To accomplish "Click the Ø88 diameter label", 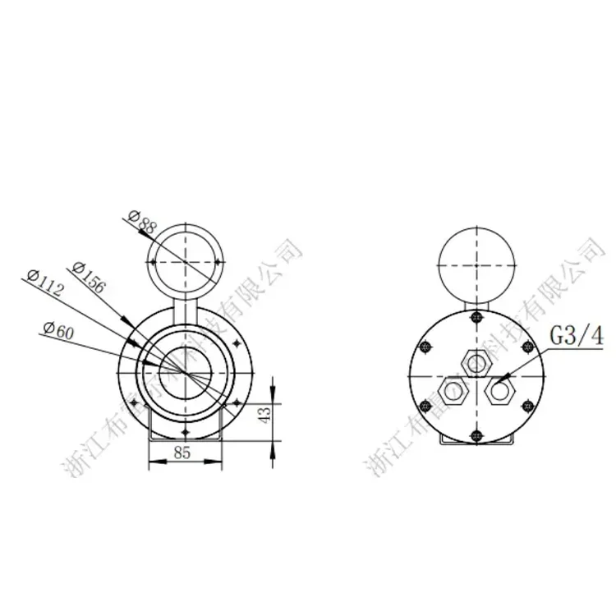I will point(140,220).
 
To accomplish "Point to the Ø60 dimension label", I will point(59,330).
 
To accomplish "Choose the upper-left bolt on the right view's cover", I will point(427,347).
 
